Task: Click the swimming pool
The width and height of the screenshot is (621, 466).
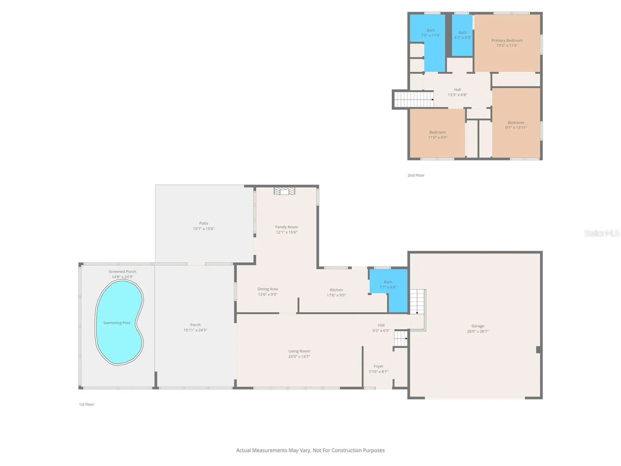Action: click(119, 323)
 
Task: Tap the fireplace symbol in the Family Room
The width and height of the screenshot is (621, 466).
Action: click(284, 191)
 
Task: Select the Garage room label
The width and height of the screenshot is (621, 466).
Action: click(478, 326)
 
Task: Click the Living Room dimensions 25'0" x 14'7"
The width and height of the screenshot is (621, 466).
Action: click(299, 356)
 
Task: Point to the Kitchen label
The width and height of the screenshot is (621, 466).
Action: click(336, 290)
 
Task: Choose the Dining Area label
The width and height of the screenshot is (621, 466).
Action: click(267, 289)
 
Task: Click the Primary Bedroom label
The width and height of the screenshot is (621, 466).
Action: click(507, 40)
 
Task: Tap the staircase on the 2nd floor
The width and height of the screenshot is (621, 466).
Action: click(414, 99)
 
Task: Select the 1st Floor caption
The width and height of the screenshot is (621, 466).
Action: click(87, 404)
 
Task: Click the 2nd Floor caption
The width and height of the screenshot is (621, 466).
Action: click(416, 175)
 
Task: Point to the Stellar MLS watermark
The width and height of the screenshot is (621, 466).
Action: click(602, 233)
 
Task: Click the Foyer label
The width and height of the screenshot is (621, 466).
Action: click(378, 366)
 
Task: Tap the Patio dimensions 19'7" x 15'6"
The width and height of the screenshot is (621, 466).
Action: click(204, 228)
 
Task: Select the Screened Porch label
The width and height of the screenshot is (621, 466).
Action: click(122, 272)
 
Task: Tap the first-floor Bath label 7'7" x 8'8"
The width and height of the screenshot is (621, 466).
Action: click(388, 284)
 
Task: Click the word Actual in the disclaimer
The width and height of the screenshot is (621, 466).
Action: click(244, 450)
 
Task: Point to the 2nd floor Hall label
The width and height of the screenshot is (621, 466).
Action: click(457, 90)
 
